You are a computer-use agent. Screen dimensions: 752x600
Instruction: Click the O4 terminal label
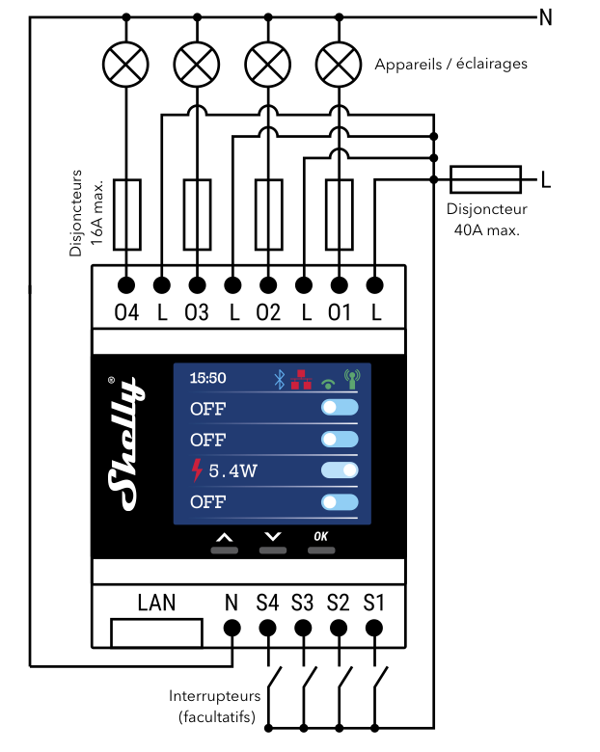point(126,314)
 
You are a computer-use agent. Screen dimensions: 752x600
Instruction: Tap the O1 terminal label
point(339,314)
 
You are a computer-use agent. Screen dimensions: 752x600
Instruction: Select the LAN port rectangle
point(157,633)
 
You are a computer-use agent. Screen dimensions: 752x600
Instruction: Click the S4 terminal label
point(267,604)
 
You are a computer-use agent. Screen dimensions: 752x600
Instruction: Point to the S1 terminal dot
point(373,629)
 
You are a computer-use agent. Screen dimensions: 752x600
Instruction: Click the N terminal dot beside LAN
point(232,629)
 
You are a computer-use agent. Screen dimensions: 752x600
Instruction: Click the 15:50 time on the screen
point(208,379)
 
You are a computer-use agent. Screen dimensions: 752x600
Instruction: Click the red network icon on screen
point(302,379)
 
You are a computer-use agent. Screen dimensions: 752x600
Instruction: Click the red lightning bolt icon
point(198,470)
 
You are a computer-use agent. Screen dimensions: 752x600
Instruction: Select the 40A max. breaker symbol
point(486,178)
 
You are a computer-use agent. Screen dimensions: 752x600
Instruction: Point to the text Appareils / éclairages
point(451,65)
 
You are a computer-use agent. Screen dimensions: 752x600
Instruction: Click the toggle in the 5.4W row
point(340,470)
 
